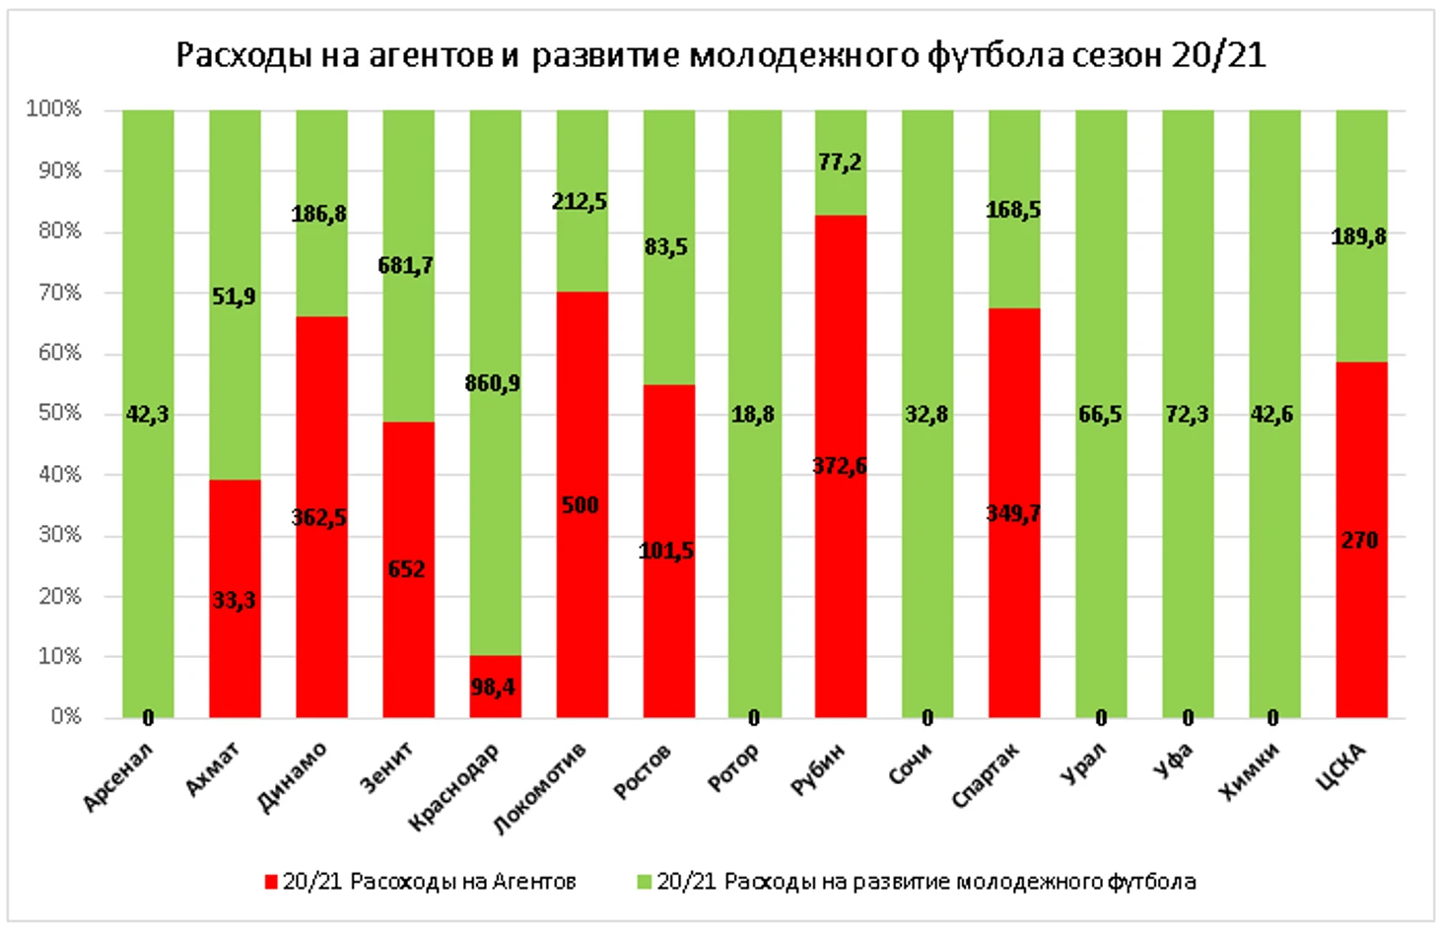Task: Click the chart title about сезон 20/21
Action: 719,54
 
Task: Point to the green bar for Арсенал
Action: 148,296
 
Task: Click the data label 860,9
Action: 493,383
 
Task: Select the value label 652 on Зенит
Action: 406,569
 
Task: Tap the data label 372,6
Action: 840,466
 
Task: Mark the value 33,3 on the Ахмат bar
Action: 235,600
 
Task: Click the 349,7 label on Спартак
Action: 1013,513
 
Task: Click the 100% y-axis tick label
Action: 54,109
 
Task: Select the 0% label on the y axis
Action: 65,716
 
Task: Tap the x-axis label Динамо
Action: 292,778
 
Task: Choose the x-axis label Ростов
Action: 643,770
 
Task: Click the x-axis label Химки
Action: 1250,770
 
